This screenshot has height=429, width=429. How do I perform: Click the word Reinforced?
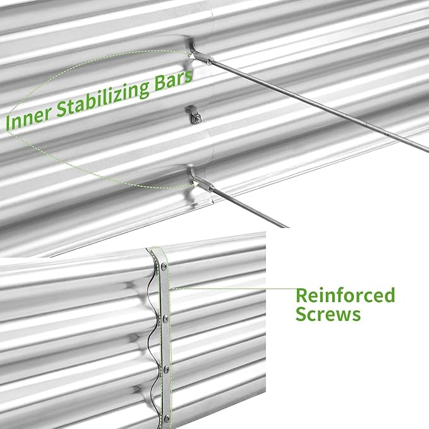pos(345,295)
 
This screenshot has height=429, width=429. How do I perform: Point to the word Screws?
pos(328,314)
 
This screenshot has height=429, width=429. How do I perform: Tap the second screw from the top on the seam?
pos(165,319)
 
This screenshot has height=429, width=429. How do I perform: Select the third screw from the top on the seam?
pos(166,369)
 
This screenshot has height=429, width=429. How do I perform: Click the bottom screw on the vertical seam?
pos(167,417)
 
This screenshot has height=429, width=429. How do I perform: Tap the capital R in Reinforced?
pos(302,295)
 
